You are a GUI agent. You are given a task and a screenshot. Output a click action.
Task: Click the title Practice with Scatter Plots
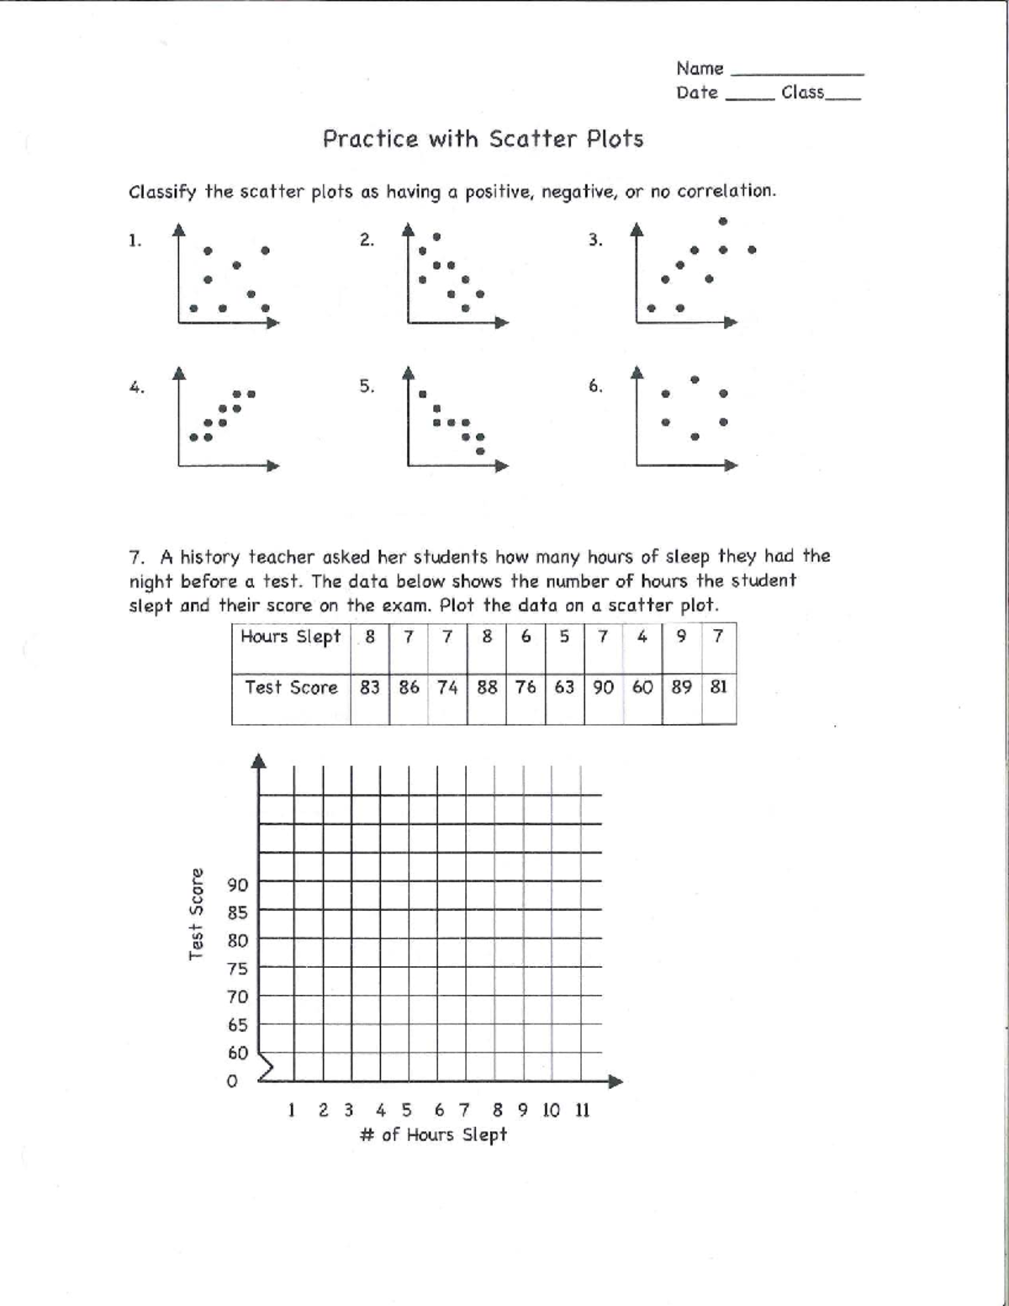coord(483,139)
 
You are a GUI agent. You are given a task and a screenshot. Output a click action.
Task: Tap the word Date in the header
coord(697,93)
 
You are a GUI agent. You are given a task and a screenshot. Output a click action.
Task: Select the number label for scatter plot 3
coord(595,241)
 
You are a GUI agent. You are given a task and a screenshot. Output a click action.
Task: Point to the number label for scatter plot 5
coord(367,387)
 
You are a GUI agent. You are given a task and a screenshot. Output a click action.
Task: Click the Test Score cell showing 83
coord(370,687)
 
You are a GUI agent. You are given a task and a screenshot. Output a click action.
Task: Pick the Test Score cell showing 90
coord(603,687)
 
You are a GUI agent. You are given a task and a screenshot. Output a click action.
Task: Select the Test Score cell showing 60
coord(642,687)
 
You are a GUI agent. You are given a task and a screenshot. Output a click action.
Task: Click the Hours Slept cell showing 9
coord(681,637)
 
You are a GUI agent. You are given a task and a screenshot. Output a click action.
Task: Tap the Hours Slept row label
coord(291,637)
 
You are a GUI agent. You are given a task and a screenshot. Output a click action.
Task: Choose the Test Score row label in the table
coord(291,687)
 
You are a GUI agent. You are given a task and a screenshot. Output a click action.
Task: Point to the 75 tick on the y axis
coord(238,969)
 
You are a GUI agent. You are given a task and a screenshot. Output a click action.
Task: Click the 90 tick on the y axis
coord(238,885)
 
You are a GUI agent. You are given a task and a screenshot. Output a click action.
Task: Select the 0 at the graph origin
coord(233,1081)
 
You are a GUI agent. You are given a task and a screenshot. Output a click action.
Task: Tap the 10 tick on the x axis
coord(551,1110)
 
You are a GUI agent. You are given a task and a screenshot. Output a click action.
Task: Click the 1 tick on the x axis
coord(291,1110)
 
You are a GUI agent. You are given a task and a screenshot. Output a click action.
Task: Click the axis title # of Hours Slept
coord(433,1135)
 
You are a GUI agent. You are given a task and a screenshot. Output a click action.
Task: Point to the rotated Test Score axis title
coord(197,913)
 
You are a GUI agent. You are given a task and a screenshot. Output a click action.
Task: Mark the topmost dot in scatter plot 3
coord(723,221)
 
